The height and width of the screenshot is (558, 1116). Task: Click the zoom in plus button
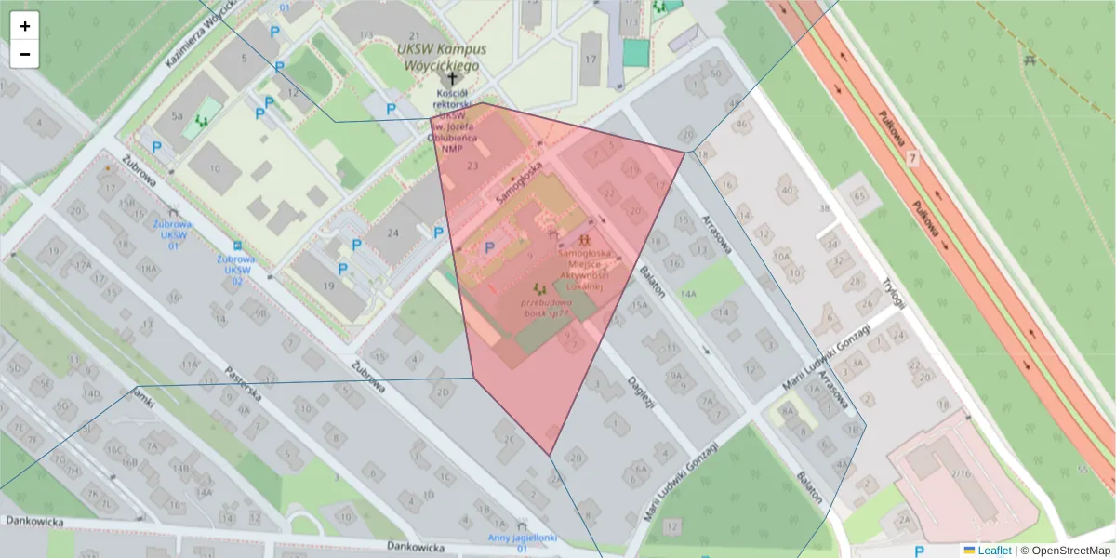(x=25, y=26)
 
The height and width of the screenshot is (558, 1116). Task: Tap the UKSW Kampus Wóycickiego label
(x=437, y=58)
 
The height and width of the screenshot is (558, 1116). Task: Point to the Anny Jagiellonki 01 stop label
(x=523, y=543)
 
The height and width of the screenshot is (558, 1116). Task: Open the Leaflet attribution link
(x=994, y=551)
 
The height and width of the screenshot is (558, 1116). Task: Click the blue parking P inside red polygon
(x=490, y=247)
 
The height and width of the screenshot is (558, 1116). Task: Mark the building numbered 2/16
(x=961, y=474)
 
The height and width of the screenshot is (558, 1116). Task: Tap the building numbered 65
(x=859, y=196)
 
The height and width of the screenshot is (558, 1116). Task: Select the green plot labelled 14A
(x=688, y=294)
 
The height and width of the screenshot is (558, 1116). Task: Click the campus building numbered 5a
(x=177, y=118)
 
